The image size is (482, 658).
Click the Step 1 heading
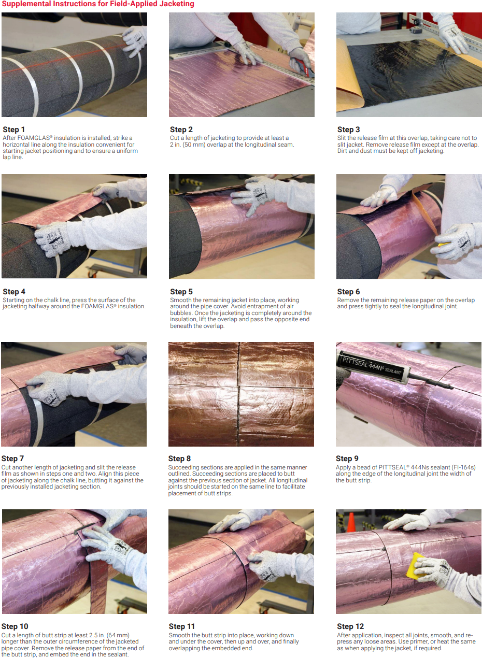click(13, 130)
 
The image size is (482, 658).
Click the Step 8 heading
click(179, 459)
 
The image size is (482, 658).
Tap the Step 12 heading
click(350, 626)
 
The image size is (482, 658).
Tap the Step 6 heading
click(348, 292)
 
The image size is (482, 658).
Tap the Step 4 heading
click(13, 292)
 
